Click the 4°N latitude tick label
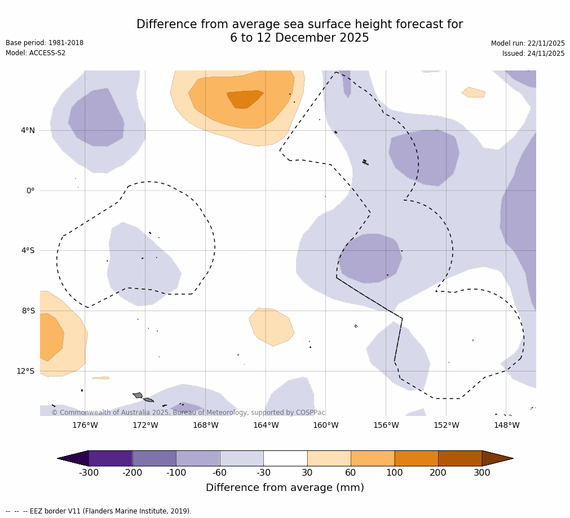coord(28,131)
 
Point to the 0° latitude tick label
coord(30,191)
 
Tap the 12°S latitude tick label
coord(25,371)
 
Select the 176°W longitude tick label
coord(85,426)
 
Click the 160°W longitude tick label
coord(326,426)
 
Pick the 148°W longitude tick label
coord(506,426)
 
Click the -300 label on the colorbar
coord(89,473)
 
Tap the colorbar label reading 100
coord(395,473)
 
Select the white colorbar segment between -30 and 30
coord(285,458)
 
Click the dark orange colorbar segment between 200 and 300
coord(460,458)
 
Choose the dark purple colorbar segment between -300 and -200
coord(111,458)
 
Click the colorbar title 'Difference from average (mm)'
coord(285,488)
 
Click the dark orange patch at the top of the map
coord(244,99)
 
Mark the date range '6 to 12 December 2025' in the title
coord(299,38)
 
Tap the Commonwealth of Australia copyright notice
coord(188,413)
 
